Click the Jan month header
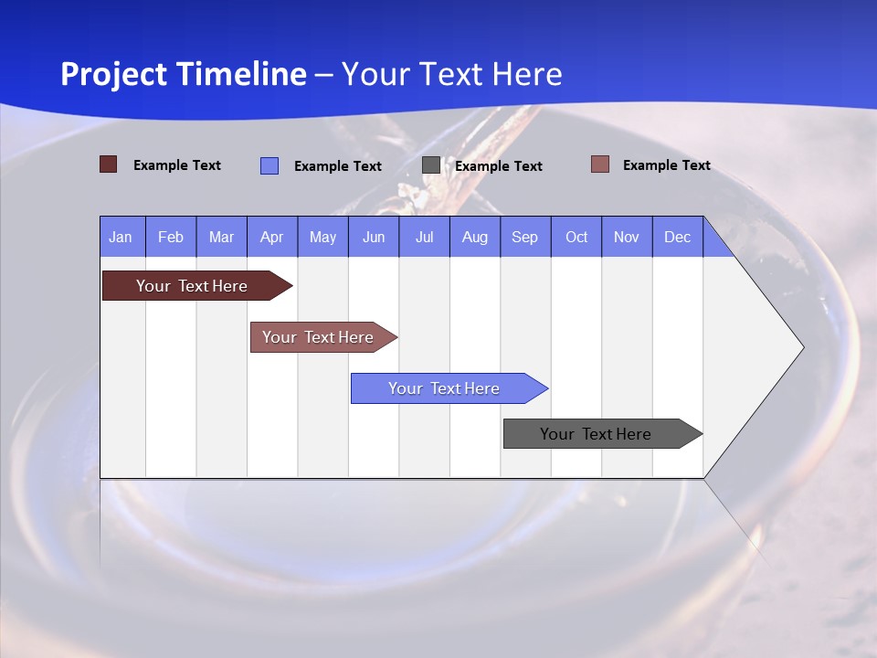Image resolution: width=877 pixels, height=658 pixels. pyautogui.click(x=121, y=237)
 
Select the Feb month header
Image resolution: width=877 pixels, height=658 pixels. pyautogui.click(x=171, y=237)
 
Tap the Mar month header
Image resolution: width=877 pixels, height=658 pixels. pyautogui.click(x=221, y=237)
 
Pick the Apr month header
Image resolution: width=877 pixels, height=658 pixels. pyautogui.click(x=271, y=237)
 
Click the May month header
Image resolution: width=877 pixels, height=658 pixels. pyautogui.click(x=322, y=237)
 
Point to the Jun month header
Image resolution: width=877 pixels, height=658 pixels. pyautogui.click(x=374, y=237)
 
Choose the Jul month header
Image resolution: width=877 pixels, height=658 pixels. pyautogui.click(x=424, y=237)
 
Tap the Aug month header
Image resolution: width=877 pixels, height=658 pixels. pyautogui.click(x=475, y=237)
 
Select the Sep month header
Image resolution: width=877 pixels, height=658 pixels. pyautogui.click(x=525, y=237)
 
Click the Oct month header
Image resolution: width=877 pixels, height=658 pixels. pyautogui.click(x=576, y=237)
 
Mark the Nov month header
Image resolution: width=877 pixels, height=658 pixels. pyautogui.click(x=627, y=237)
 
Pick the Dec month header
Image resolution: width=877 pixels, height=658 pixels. pyautogui.click(x=678, y=237)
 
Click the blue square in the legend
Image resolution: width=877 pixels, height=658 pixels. pyautogui.click(x=269, y=165)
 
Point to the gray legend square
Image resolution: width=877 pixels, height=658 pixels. pyautogui.click(x=431, y=165)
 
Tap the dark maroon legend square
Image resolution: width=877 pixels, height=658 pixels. pyautogui.click(x=108, y=164)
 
